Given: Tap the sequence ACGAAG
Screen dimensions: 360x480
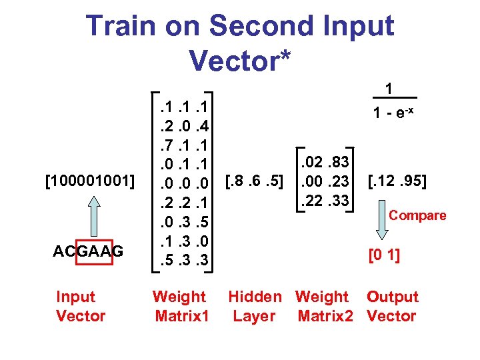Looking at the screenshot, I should coord(89,251).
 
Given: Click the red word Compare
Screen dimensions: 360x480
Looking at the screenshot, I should coord(417,215).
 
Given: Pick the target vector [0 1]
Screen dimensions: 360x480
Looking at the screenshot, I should coord(385,255).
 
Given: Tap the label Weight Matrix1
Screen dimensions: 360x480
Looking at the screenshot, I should coord(180,306).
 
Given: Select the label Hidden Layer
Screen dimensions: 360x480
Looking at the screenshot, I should coord(255,306).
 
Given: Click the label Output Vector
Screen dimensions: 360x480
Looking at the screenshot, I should coord(392,306).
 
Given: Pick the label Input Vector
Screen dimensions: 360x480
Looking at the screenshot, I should coord(79,306).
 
